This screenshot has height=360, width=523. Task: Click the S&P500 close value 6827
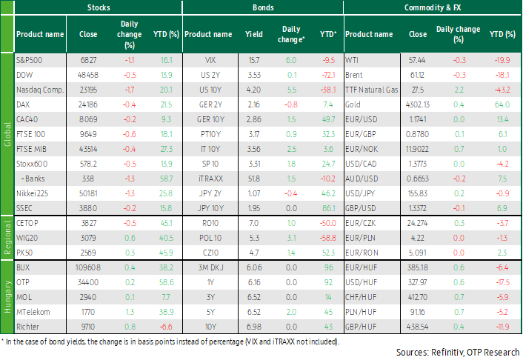click(88, 61)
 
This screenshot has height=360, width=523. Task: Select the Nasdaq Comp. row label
click(40, 90)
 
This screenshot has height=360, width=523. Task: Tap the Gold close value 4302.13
click(418, 104)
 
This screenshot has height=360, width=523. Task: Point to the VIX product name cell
click(210, 61)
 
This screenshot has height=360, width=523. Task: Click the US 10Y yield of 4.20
click(254, 90)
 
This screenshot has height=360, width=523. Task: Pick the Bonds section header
click(263, 7)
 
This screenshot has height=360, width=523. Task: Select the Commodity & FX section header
click(433, 7)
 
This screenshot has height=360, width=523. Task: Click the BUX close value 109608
click(88, 267)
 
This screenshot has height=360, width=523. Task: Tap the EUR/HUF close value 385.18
click(418, 267)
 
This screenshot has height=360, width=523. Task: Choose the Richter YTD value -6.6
click(167, 327)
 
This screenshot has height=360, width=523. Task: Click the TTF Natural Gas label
click(372, 90)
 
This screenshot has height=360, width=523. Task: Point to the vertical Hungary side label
click(7, 296)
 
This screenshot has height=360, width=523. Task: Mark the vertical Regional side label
click(7, 238)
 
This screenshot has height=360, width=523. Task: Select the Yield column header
click(254, 34)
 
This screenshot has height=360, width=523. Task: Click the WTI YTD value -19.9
click(502, 61)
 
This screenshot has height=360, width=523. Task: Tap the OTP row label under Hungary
click(23, 282)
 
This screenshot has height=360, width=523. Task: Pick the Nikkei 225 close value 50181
click(88, 193)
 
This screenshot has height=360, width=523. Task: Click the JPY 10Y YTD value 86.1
click(329, 209)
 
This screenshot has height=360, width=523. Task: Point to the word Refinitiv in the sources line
click(446, 353)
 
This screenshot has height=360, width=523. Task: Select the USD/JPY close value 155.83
click(418, 193)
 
